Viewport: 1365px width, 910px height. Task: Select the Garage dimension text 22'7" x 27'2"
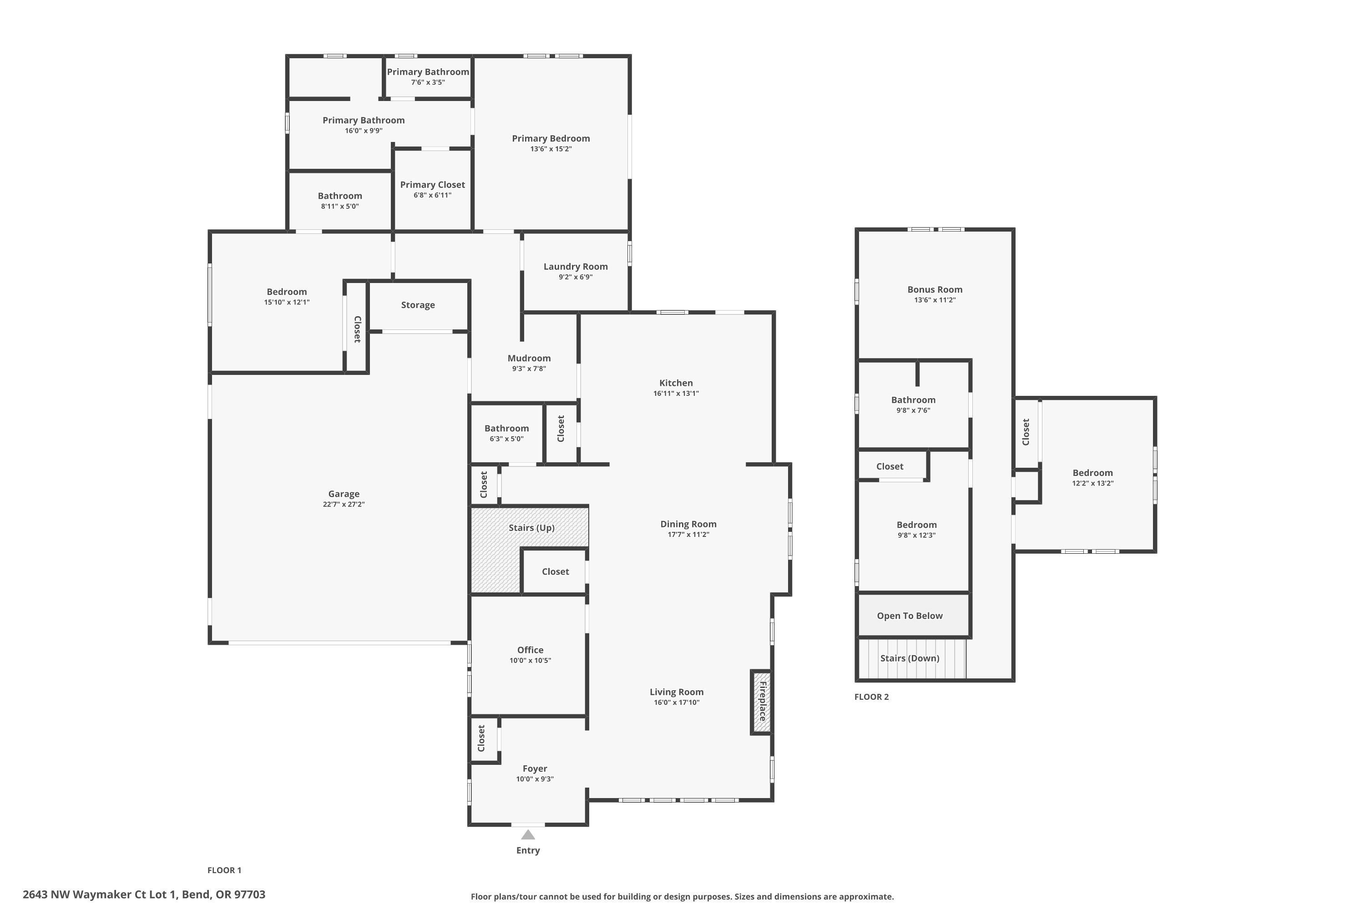(x=344, y=504)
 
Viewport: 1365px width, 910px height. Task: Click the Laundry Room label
(x=575, y=266)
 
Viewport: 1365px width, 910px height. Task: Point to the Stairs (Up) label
(x=531, y=527)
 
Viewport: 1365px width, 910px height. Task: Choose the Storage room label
(x=417, y=305)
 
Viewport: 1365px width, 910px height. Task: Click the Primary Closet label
(x=432, y=185)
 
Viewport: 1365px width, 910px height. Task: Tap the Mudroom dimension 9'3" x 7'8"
(x=529, y=369)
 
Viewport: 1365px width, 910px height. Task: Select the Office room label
(x=530, y=650)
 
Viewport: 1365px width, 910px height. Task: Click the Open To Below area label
(x=910, y=616)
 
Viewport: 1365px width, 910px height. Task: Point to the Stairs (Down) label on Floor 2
(x=910, y=658)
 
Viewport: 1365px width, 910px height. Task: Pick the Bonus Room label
(x=935, y=289)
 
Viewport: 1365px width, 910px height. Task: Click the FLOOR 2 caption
(x=871, y=697)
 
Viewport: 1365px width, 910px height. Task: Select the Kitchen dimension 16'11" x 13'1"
(x=676, y=394)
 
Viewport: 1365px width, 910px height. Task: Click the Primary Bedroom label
(x=550, y=138)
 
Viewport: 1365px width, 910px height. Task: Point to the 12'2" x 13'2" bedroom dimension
(x=1092, y=483)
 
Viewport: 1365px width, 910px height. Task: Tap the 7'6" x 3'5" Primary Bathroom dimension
(x=428, y=82)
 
